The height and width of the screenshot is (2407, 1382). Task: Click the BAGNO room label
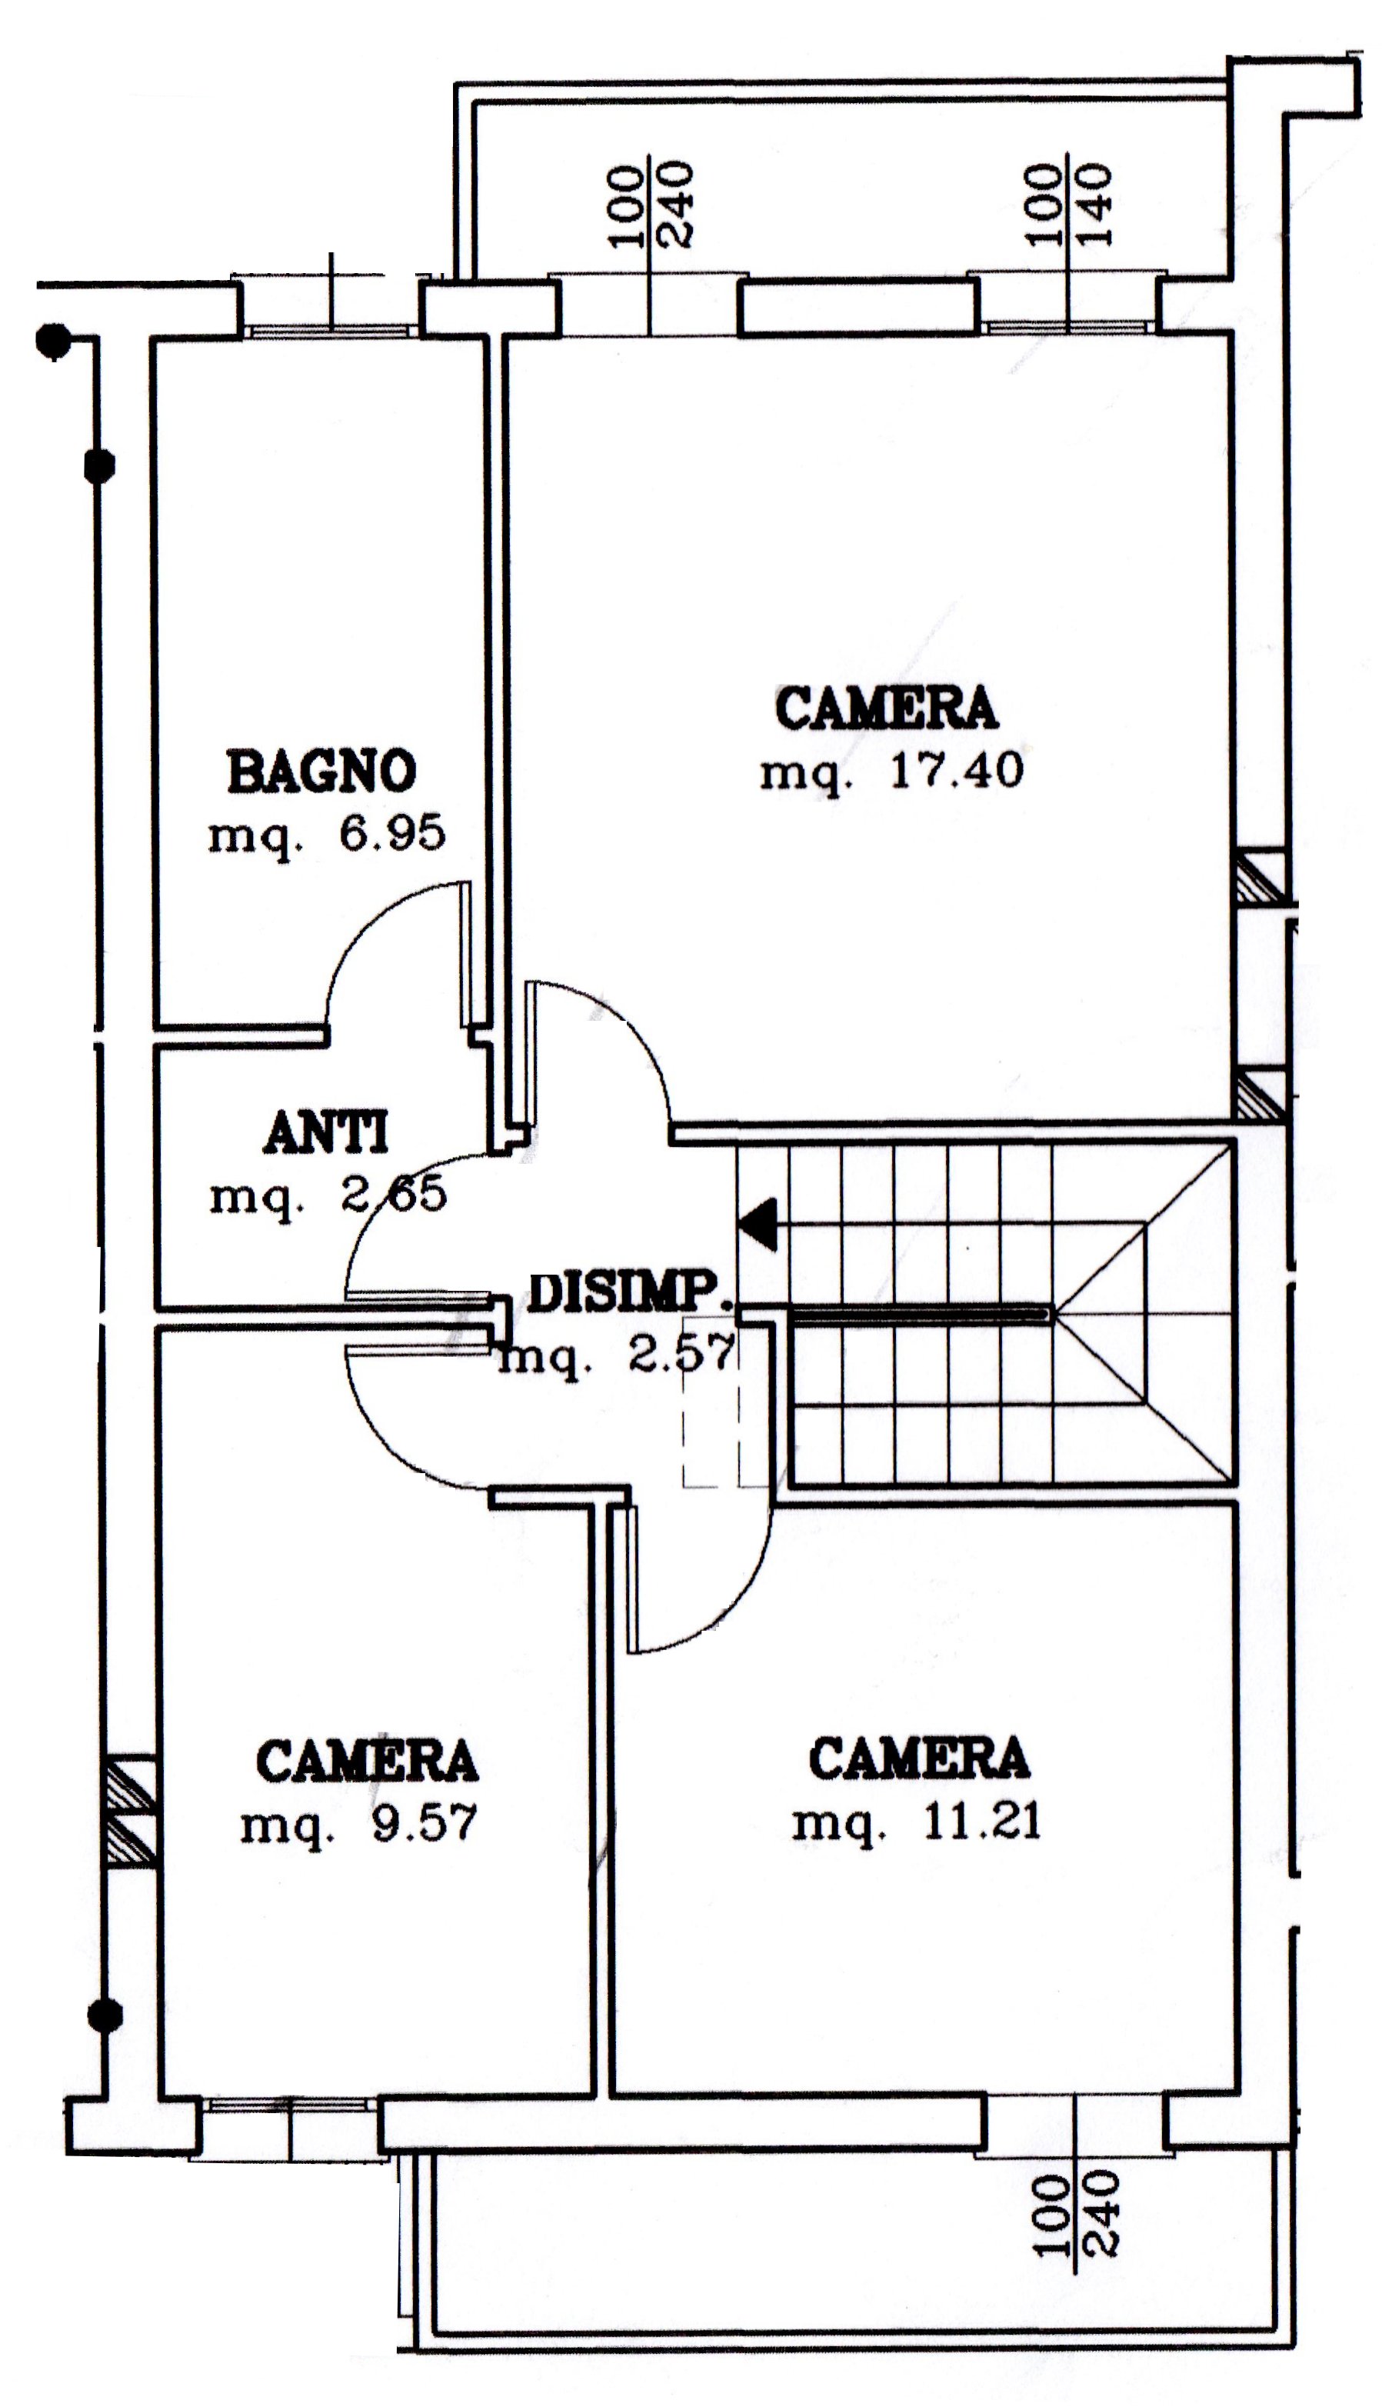(321, 771)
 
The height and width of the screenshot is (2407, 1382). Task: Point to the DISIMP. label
(629, 1294)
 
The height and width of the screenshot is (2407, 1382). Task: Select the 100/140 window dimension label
(1067, 206)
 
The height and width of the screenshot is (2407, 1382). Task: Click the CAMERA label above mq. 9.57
(368, 1761)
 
